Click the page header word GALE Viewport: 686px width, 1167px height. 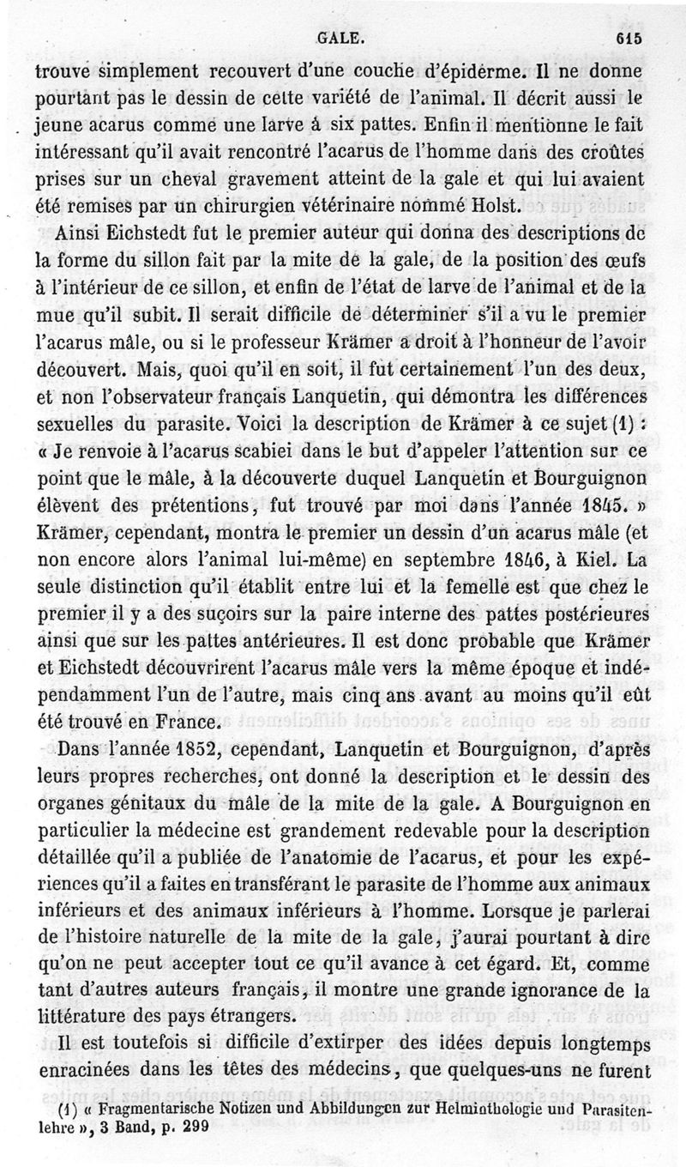341,37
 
